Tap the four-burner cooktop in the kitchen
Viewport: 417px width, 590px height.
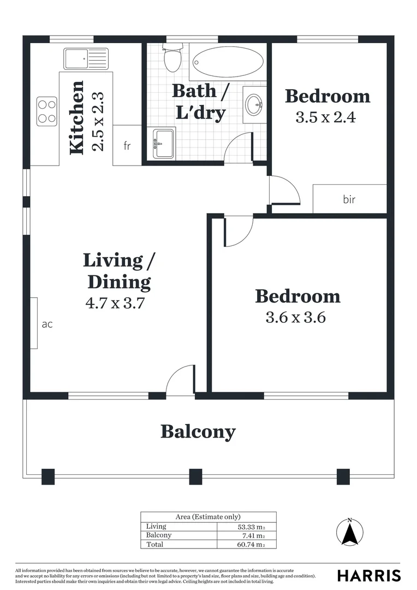pyautogui.click(x=47, y=111)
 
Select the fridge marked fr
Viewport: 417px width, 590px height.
pyautogui.click(x=127, y=146)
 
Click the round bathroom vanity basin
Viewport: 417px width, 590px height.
pyautogui.click(x=254, y=104)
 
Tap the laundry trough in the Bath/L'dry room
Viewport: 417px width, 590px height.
pyautogui.click(x=164, y=144)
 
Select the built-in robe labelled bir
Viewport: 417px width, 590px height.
pyautogui.click(x=349, y=199)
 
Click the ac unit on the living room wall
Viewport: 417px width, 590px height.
pyautogui.click(x=34, y=323)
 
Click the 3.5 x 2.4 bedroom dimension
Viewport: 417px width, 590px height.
pyautogui.click(x=325, y=117)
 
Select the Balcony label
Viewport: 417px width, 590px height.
pyautogui.click(x=198, y=432)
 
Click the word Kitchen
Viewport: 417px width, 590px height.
pyautogui.click(x=76, y=117)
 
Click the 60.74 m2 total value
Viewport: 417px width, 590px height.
pyautogui.click(x=251, y=544)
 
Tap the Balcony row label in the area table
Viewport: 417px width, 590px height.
pyautogui.click(x=159, y=535)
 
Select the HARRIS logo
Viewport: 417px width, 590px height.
pyautogui.click(x=368, y=575)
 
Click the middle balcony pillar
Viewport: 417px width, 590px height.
pyautogui.click(x=195, y=476)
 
